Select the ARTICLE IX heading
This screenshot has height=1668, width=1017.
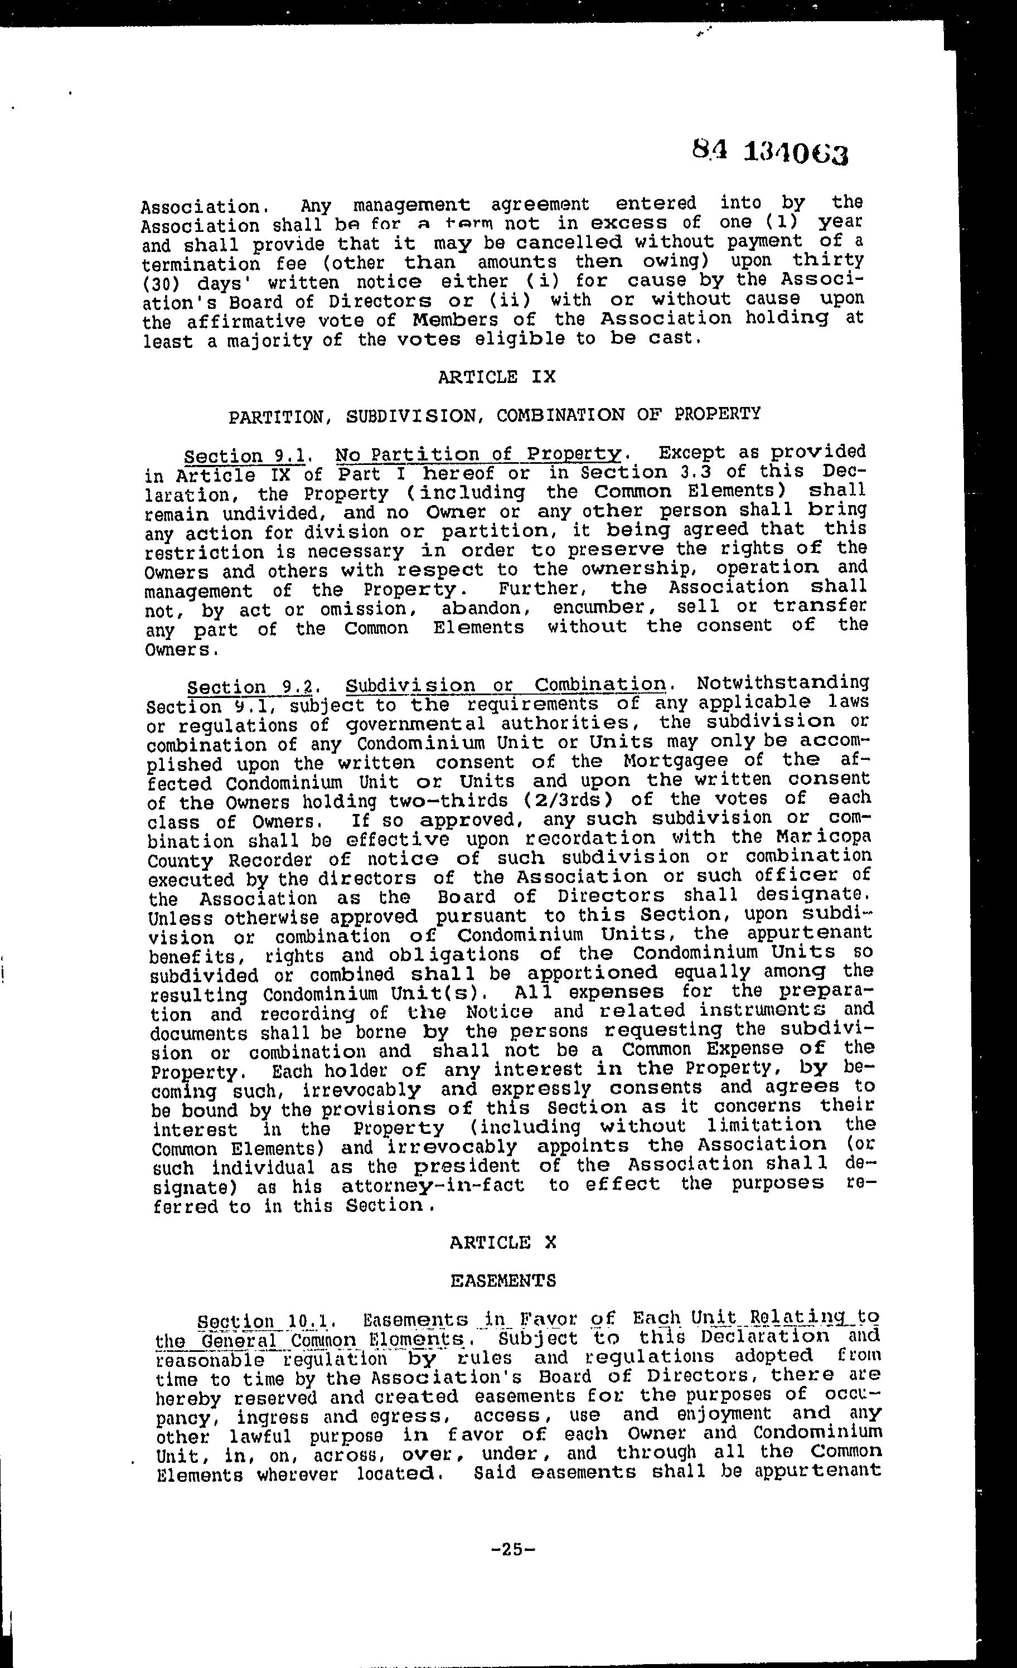[496, 376]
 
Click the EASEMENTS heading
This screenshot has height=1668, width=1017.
[503, 1280]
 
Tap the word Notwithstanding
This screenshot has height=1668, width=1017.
[783, 682]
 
